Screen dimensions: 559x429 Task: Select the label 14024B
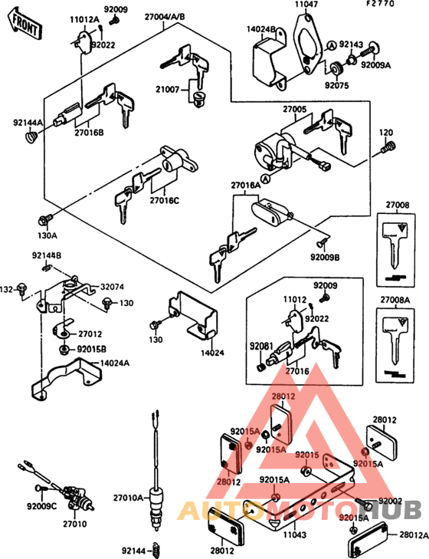260,31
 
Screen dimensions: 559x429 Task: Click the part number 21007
168,90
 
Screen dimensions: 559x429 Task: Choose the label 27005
295,110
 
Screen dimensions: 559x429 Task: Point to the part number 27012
90,334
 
